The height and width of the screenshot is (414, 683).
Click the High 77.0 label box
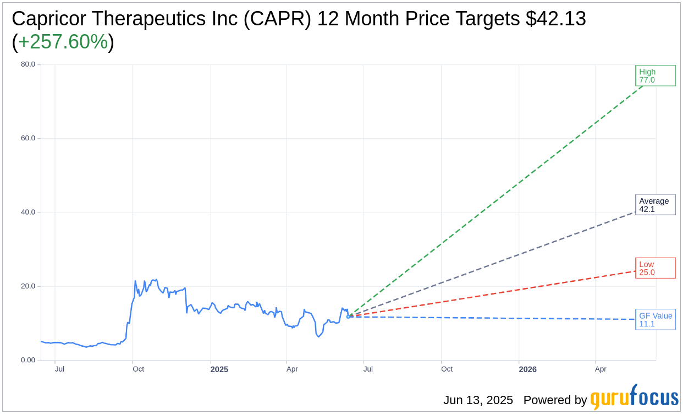(655, 75)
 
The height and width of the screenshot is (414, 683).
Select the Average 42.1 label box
(655, 205)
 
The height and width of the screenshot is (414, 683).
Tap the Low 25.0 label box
(655, 268)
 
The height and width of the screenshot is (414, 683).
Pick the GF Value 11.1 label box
(655, 319)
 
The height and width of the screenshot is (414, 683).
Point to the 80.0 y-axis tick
(28, 64)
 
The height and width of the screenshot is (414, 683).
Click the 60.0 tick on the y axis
(28, 138)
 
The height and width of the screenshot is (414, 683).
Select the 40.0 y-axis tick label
(28, 213)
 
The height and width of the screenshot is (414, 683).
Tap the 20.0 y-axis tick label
(28, 286)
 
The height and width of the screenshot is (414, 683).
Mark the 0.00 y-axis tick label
(28, 360)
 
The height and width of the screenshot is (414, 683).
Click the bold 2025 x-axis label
(219, 369)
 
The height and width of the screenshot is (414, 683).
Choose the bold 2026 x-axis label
(527, 369)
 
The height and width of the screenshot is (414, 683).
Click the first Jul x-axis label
(59, 369)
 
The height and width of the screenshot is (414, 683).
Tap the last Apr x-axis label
(601, 369)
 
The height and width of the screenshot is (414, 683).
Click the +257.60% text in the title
(63, 42)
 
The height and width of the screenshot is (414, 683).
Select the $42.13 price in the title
(555, 19)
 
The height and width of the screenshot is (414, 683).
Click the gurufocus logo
(634, 397)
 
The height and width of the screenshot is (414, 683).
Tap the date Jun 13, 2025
(478, 400)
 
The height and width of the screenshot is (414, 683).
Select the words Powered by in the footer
(555, 400)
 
